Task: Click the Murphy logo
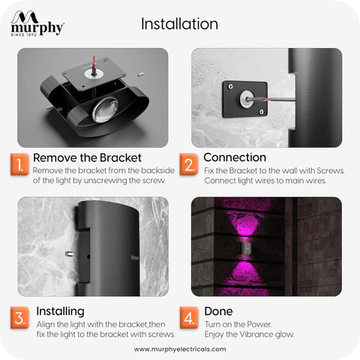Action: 37,23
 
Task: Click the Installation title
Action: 179,24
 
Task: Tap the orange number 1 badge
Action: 19,164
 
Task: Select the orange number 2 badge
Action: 189,164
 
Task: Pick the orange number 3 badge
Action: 19,317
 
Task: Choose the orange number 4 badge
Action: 189,317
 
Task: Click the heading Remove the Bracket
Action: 87,157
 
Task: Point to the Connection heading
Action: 235,157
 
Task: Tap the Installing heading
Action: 60,311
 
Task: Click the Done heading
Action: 218,311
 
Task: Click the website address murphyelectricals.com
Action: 180,349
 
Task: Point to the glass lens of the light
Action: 104,110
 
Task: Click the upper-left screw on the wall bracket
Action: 230,86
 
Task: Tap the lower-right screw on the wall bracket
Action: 261,112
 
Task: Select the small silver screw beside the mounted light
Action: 69,254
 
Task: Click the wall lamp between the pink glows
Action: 247,249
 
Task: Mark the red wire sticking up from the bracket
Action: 94,62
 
